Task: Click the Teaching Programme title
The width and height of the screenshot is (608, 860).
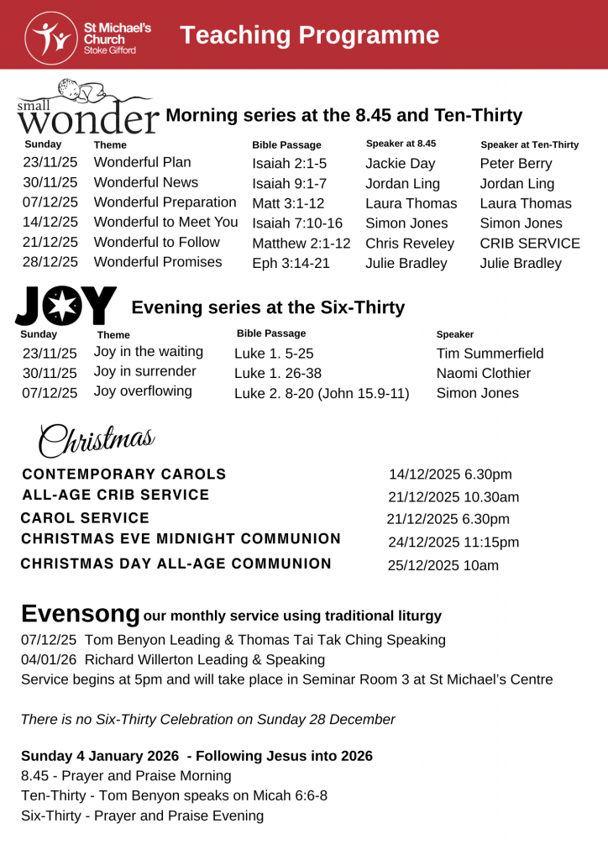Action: pos(309,35)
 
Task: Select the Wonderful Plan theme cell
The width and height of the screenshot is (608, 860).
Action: pos(143,162)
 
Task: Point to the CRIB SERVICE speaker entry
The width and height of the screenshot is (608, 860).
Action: pos(530,244)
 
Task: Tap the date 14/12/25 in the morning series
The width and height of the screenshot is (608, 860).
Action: pos(50,223)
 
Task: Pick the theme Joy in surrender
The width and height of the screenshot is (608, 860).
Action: pos(145,371)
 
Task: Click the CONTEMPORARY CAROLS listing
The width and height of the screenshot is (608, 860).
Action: pos(123,474)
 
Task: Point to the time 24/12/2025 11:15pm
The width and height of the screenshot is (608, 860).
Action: pos(453,543)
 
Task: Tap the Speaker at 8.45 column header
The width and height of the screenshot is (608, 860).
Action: pos(401,144)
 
